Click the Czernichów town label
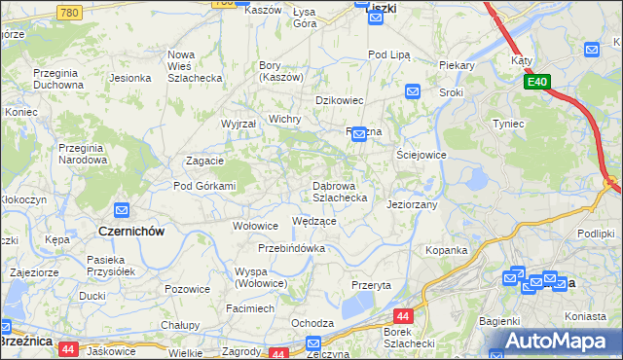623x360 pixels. [131, 232]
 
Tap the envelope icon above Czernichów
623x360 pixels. [122, 210]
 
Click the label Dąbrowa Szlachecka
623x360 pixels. [339, 191]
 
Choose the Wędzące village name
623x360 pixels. [314, 221]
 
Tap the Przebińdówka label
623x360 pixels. [291, 248]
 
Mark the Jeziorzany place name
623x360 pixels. [412, 205]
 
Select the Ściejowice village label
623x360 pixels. [421, 155]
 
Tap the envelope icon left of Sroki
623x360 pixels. [412, 92]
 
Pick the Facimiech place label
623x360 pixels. [250, 308]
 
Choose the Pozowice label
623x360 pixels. [187, 289]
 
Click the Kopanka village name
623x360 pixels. [446, 250]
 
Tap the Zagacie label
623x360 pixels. [205, 162]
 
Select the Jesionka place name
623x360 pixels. [129, 78]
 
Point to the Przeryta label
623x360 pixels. [371, 285]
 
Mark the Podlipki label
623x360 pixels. [595, 234]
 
